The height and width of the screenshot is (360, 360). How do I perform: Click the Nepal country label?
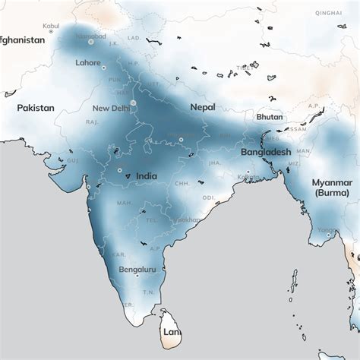(x=203, y=108)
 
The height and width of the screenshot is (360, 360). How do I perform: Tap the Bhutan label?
(x=270, y=117)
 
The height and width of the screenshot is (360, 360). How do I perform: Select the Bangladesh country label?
(x=266, y=153)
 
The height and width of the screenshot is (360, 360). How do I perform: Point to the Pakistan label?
(x=36, y=108)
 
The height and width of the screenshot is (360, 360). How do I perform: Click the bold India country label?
(x=146, y=176)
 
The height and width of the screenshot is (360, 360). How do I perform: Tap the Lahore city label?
(x=88, y=63)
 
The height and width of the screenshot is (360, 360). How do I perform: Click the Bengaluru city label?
(x=137, y=270)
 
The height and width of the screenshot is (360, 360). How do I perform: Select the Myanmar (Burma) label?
(x=333, y=188)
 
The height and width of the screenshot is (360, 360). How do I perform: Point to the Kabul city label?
(x=51, y=26)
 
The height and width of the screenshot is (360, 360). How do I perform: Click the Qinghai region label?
(x=327, y=13)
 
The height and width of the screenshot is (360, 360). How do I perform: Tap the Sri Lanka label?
(x=172, y=333)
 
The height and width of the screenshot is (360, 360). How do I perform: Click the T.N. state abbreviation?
(x=149, y=292)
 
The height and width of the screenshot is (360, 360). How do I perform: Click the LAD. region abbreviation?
(x=134, y=37)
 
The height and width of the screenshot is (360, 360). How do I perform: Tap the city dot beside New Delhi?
(x=133, y=103)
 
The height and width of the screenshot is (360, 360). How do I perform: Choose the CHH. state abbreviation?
(x=182, y=183)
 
